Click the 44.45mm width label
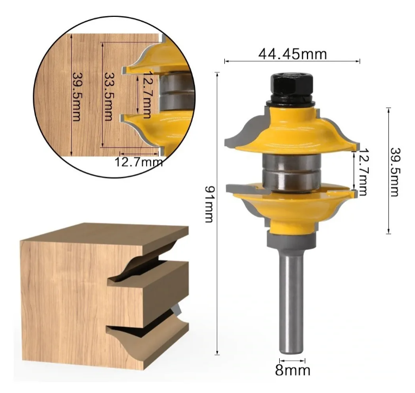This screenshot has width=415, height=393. click(x=292, y=54)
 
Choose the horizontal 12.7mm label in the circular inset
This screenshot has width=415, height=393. click(x=139, y=161)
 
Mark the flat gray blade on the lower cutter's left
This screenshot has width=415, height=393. click(x=244, y=188)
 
